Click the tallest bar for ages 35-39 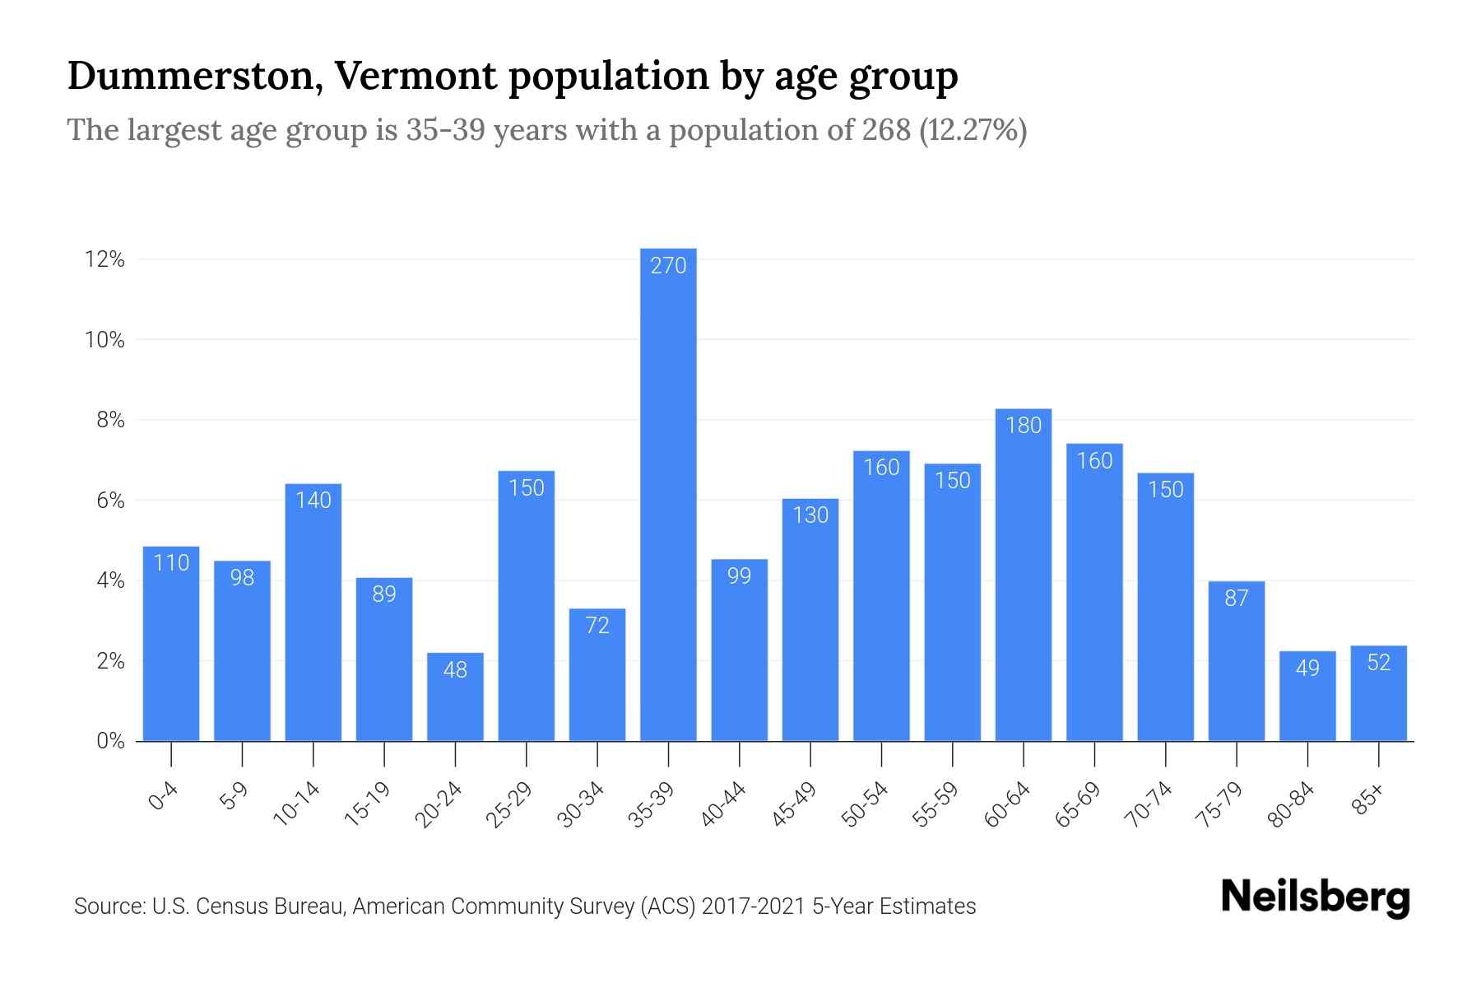pos(668,494)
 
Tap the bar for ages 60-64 pos(1023,576)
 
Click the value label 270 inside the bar pos(668,266)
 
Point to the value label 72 pos(597,626)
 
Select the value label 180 pos(1023,426)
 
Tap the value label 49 pos(1307,668)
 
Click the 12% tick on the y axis pos(104,260)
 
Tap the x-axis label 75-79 pos(1220,804)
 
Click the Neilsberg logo pos(1315,897)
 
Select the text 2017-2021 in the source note pos(753,906)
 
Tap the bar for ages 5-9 pos(242,650)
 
